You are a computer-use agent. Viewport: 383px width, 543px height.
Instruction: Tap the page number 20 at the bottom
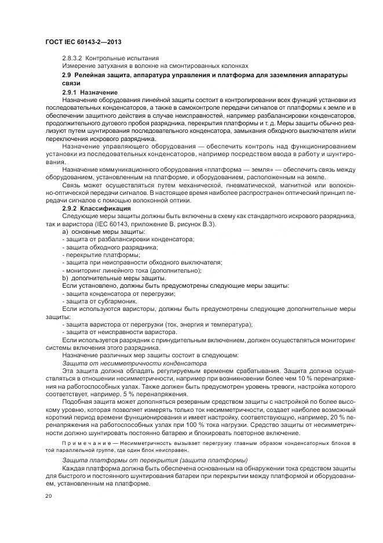49,496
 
